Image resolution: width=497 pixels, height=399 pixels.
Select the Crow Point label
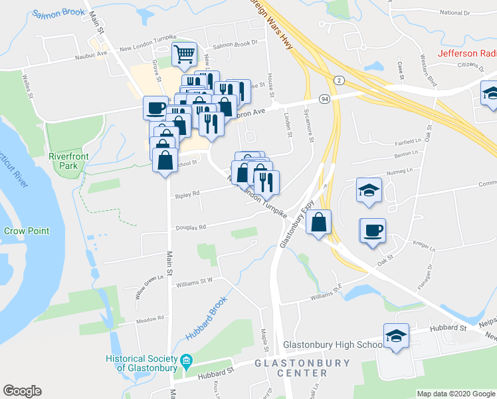click(x=27, y=231)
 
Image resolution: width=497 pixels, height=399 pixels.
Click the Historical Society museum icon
click(x=187, y=362)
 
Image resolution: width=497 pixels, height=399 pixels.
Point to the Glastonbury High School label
click(x=333, y=345)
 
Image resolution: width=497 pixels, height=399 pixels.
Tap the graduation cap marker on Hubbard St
click(x=396, y=336)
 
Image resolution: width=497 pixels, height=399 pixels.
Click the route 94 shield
click(x=325, y=99)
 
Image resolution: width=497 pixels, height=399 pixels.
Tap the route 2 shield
click(x=340, y=80)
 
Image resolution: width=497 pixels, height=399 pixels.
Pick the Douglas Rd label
click(x=191, y=227)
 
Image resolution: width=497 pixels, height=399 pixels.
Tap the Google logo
click(x=22, y=391)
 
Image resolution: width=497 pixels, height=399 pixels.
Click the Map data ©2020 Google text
click(x=455, y=394)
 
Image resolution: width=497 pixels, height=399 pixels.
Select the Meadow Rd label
click(x=149, y=319)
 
